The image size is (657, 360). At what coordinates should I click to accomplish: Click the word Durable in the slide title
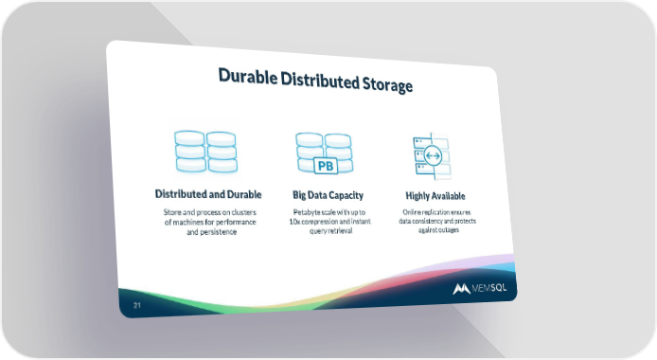coord(248,77)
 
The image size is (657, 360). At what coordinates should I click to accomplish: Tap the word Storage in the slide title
coord(387,83)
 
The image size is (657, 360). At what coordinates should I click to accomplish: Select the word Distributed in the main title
coord(320,80)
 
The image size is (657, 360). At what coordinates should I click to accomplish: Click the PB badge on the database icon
coord(326,166)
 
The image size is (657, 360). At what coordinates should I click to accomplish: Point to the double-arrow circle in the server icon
coord(433,156)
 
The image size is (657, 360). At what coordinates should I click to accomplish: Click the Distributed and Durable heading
coord(208,194)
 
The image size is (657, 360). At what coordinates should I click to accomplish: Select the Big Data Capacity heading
coord(328,195)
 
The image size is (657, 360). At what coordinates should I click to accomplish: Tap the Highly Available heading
coord(435,196)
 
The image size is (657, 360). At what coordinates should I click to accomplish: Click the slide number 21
coord(137,305)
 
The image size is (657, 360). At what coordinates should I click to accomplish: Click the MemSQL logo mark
coord(461,289)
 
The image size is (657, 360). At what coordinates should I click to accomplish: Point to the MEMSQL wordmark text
coord(489,288)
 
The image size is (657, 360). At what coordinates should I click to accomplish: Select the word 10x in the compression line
coord(293,222)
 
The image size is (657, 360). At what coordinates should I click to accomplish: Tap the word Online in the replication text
coord(411,212)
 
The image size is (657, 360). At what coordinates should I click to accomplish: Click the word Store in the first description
coord(171,212)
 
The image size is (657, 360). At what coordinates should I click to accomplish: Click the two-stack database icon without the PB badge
coord(205,152)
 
